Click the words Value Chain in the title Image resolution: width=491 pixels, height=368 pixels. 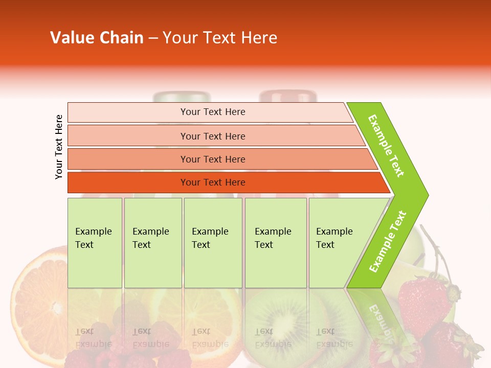pyautogui.click(x=97, y=38)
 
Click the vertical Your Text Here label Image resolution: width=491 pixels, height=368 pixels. pyautogui.click(x=59, y=147)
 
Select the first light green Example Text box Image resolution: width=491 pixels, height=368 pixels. pyautogui.click(x=95, y=243)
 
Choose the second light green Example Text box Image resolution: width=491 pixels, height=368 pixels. pyautogui.click(x=153, y=243)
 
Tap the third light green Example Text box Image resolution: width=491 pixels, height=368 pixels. pyautogui.click(x=213, y=243)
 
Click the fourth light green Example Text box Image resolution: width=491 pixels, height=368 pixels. pyautogui.click(x=276, y=243)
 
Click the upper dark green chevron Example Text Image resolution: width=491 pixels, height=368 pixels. pyautogui.click(x=387, y=146)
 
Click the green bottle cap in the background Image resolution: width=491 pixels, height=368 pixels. pyautogui.click(x=182, y=97)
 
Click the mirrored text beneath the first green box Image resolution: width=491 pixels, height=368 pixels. pyautogui.click(x=94, y=337)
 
